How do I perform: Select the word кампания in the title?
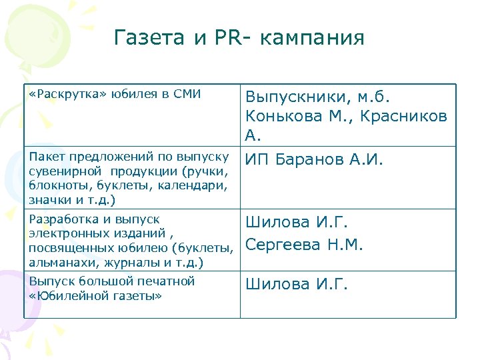click(x=313, y=38)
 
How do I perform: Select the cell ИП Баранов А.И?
click(x=314, y=160)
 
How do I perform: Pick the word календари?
click(x=197, y=185)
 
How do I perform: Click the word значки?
click(x=47, y=199)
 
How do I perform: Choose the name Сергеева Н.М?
click(x=304, y=245)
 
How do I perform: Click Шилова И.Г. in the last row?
click(x=297, y=285)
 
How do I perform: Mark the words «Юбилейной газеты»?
click(x=95, y=296)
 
